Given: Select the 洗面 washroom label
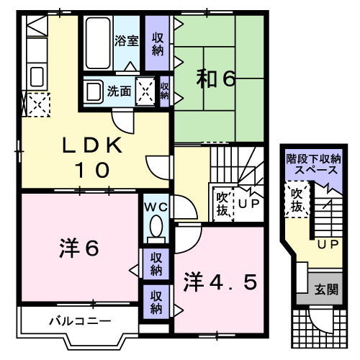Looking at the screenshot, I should click(119, 91).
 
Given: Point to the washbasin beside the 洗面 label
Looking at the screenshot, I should click(93, 91).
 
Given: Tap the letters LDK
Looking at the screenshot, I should click(93, 145).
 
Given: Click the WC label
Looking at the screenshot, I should click(156, 207).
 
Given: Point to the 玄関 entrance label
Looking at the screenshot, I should click(326, 290).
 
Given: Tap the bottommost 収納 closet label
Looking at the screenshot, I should click(156, 301).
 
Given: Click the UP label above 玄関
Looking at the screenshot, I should click(328, 245).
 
